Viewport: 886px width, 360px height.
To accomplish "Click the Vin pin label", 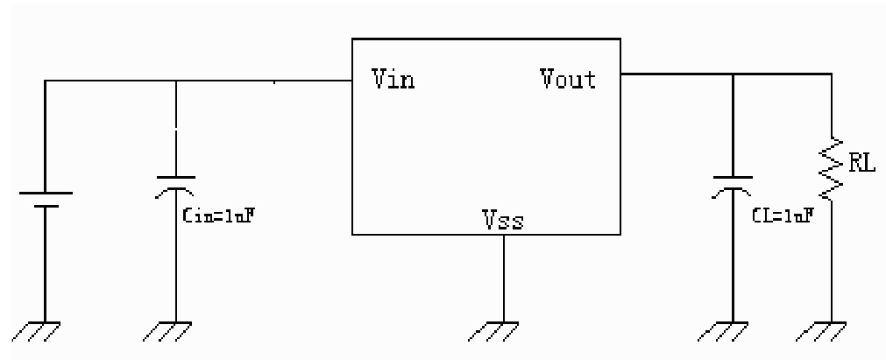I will click(393, 81).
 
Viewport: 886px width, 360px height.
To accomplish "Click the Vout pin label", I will click(568, 80).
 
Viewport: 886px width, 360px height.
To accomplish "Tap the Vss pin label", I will click(503, 219).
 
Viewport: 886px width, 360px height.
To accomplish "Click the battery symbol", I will click(46, 199).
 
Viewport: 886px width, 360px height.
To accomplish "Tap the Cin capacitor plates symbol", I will click(176, 183).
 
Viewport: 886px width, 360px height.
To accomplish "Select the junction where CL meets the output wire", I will click(733, 74).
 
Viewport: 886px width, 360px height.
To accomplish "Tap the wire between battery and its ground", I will click(46, 263).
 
